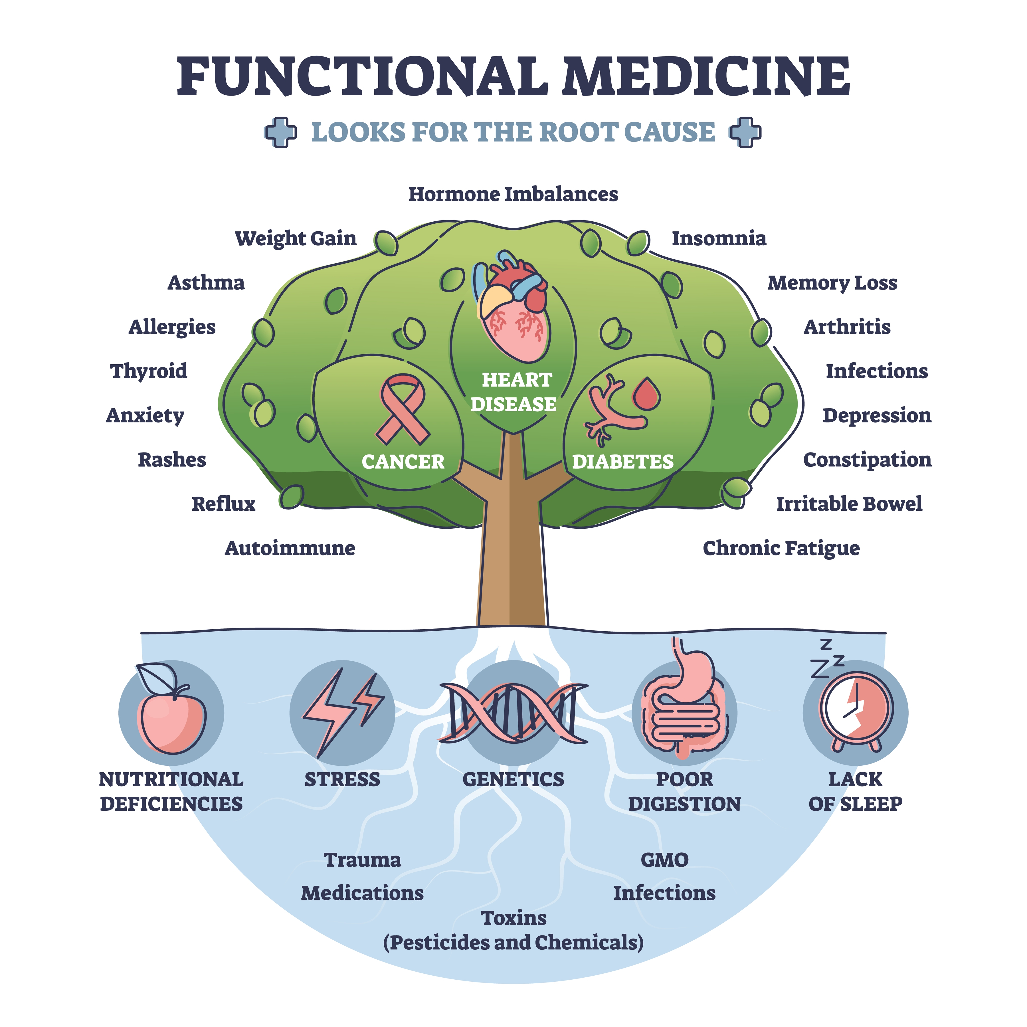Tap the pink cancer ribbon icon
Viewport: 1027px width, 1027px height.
[x=403, y=409]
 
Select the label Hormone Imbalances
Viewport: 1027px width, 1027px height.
[x=513, y=195]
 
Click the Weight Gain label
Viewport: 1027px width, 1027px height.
[x=296, y=239]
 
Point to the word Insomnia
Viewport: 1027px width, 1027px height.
[x=719, y=239]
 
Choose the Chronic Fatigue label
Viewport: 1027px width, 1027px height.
[x=781, y=548]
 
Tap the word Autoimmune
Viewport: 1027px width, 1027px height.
[x=290, y=548]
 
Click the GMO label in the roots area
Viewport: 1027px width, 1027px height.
[x=664, y=860]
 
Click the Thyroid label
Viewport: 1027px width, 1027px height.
[x=149, y=371]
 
